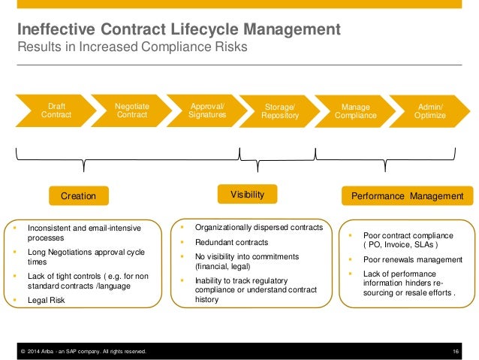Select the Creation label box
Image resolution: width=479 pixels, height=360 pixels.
(78, 196)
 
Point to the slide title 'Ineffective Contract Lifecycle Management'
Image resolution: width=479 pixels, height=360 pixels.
(179, 31)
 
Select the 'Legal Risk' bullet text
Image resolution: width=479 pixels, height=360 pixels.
(47, 300)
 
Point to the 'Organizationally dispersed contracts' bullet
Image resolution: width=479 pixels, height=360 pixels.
(258, 227)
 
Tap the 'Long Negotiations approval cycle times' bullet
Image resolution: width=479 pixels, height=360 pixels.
(86, 256)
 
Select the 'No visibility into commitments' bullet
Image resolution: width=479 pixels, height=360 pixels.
(247, 261)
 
